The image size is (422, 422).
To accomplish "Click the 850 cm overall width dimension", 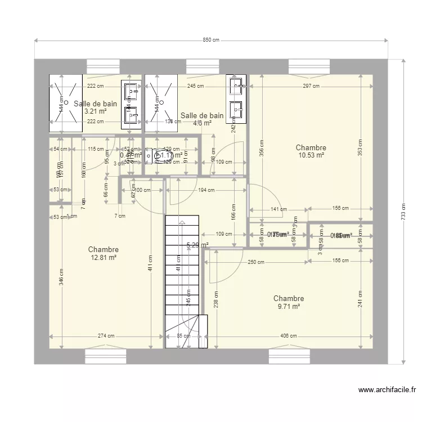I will coord(211,40).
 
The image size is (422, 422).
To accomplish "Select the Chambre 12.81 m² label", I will coord(103,253).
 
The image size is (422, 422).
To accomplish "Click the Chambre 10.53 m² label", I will coord(311,151).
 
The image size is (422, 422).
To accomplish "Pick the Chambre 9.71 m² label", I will coord(288,302).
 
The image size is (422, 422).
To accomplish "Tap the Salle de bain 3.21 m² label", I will coord(95,107).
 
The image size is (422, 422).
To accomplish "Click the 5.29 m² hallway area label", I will coord(197,245).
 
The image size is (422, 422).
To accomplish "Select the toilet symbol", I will coord(151,154).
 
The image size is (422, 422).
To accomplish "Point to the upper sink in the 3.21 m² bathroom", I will coord(131,89).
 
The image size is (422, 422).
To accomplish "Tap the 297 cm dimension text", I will coord(311,86).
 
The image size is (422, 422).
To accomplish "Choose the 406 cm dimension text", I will coord(288,336).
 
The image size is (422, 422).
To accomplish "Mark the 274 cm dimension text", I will coord(106,336).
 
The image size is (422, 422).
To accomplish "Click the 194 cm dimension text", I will coord(206,190).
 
